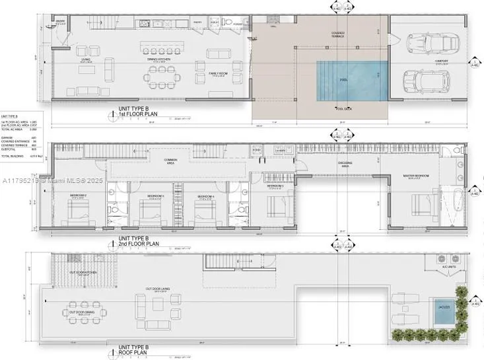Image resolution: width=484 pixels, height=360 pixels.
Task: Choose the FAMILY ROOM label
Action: click(x=218, y=74)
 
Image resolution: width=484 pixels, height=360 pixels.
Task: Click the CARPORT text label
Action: click(x=441, y=61)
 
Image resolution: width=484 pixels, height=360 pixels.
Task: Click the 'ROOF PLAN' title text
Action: click(x=136, y=351)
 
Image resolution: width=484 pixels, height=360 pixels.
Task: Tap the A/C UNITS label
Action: click(x=440, y=268)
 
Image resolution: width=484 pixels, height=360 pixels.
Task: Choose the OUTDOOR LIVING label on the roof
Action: click(x=158, y=289)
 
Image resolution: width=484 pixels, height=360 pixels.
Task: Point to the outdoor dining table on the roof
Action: click(x=83, y=312)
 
